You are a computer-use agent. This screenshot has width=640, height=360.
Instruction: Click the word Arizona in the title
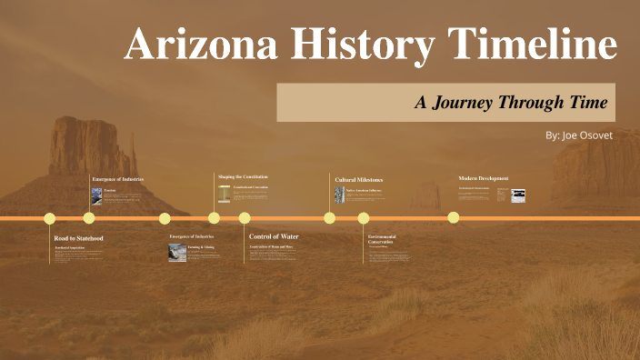(x=190, y=45)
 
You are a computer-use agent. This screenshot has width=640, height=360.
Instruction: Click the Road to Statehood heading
(x=78, y=238)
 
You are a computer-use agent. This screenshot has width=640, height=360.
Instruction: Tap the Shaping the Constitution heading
(x=243, y=176)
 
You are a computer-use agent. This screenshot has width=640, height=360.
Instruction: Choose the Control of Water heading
(x=274, y=236)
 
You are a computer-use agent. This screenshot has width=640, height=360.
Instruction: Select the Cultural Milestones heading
(x=358, y=180)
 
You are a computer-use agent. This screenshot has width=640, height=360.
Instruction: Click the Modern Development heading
(x=484, y=178)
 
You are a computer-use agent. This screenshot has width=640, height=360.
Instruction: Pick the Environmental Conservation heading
(x=381, y=239)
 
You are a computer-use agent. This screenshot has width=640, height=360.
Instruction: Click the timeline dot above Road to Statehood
(x=50, y=218)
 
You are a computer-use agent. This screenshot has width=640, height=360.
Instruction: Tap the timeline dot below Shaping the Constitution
(x=214, y=218)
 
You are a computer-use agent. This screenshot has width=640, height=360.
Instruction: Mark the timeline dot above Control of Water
(x=245, y=218)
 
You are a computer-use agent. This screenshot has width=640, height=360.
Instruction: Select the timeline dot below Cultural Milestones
(x=329, y=218)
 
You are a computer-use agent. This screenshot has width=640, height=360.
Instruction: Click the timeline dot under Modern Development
(x=454, y=218)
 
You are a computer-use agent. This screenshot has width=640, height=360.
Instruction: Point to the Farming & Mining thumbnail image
(x=177, y=252)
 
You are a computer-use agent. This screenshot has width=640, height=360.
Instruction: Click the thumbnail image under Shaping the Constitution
(x=224, y=194)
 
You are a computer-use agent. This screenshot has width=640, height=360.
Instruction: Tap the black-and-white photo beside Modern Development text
(x=518, y=195)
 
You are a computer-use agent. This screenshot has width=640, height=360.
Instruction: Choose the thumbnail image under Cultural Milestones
(x=338, y=195)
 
